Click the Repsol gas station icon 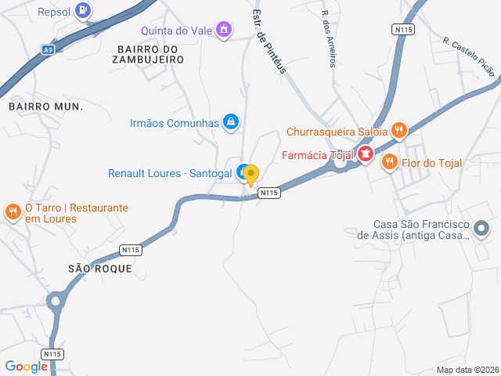[84, 11]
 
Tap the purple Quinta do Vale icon [225, 31]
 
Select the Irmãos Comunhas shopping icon [231, 121]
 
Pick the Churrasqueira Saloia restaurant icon [398, 131]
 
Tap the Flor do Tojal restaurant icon [389, 163]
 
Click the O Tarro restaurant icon [13, 211]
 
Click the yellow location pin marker [251, 175]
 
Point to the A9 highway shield [49, 49]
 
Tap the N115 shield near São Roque [131, 250]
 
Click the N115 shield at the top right [402, 29]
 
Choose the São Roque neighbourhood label [100, 269]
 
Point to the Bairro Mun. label [45, 105]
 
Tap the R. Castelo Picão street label [468, 57]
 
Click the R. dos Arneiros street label [329, 38]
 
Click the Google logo [26, 367]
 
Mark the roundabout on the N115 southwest [56, 301]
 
